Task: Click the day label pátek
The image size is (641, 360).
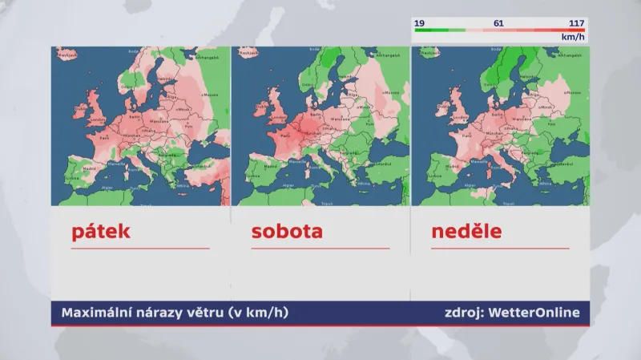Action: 100,233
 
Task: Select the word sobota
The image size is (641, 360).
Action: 286,233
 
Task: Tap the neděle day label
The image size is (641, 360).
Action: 466,233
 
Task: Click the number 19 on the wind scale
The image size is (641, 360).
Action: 419,23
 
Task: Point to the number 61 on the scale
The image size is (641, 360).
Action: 498,23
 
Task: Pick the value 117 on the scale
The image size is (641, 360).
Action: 575,23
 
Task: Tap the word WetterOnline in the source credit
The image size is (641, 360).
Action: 534,313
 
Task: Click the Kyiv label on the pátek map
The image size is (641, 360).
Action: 189,125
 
